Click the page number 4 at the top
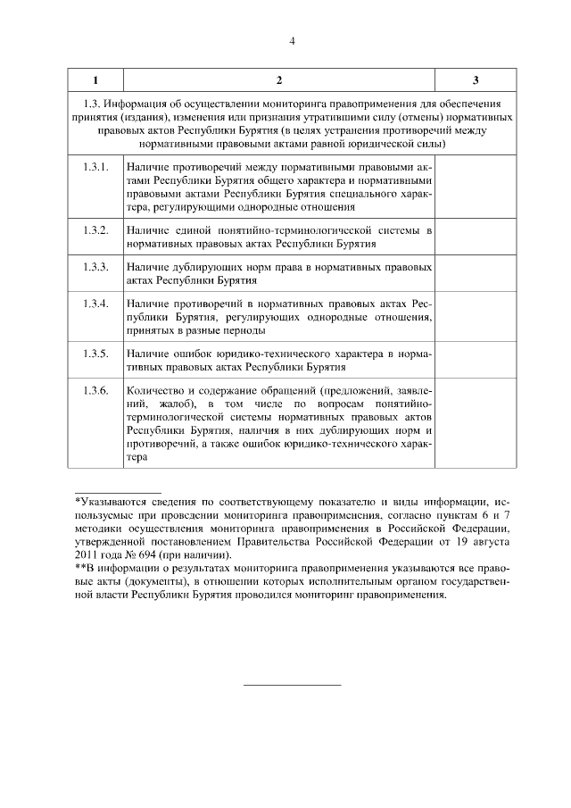[x=292, y=41]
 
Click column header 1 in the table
[x=95, y=81]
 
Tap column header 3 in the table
[x=475, y=81]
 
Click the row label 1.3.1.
[x=95, y=167]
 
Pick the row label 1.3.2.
[x=95, y=230]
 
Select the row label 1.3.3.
[x=95, y=267]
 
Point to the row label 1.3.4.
[x=95, y=304]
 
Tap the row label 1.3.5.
[x=95, y=354]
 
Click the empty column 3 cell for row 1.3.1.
[x=475, y=186]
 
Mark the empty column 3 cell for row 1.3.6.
[x=475, y=424]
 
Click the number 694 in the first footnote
[x=145, y=554]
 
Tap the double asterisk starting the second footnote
[x=79, y=568]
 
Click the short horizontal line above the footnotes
[x=118, y=491]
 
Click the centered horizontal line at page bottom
[x=293, y=685]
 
